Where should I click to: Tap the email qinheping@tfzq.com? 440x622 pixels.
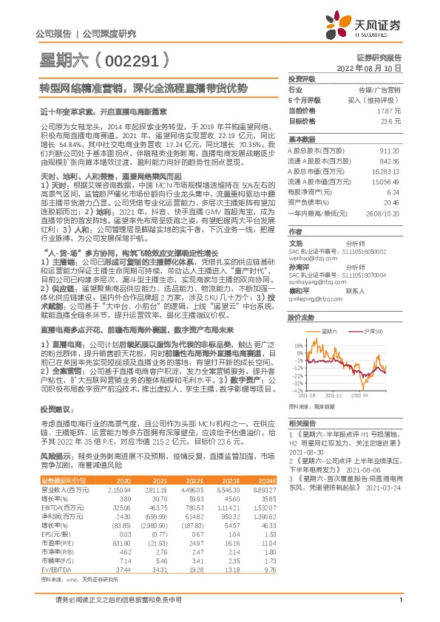(312, 281)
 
